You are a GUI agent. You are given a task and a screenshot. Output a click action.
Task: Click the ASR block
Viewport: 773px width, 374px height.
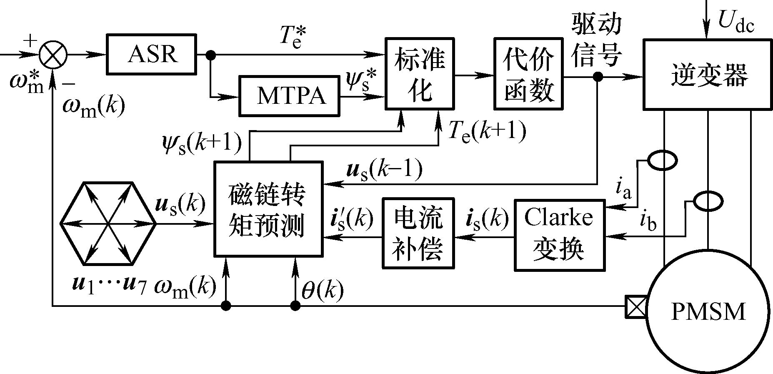coord(152,54)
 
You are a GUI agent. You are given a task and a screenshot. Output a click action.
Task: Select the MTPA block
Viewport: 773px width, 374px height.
coord(289,96)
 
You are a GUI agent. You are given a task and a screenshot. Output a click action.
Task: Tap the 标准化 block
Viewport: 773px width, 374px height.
coord(419,74)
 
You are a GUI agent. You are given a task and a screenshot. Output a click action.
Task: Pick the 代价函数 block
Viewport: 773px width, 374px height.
coord(528,74)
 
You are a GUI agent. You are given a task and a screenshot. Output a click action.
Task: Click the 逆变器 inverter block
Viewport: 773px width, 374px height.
coord(708,75)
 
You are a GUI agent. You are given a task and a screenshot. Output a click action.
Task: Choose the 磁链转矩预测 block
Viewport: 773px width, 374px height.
coord(268,208)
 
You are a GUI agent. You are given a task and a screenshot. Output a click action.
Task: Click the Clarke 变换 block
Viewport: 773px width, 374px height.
coord(559,235)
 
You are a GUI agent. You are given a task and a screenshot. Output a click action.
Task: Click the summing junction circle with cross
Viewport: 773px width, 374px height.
coord(53,55)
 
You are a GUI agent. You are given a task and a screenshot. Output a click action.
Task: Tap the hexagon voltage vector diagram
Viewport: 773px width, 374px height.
coord(108,223)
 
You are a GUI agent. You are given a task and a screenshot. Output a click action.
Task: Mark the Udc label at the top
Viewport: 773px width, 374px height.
coord(735,25)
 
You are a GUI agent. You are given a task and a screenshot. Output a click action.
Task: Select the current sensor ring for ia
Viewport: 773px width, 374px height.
coord(662,161)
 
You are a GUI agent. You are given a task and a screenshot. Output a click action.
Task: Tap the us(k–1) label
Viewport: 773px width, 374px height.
coord(384,170)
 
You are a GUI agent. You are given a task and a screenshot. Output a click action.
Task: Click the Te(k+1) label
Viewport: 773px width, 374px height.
coord(487,131)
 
